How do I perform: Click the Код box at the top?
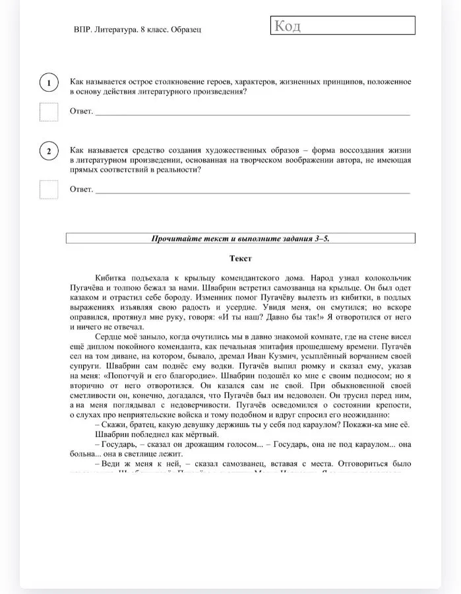click(342, 26)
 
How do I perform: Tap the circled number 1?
click(49, 83)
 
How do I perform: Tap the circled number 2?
click(49, 152)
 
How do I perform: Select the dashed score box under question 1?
click(49, 112)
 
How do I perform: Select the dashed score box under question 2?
click(49, 189)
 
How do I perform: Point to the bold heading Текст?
click(240, 259)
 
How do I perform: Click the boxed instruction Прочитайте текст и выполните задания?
click(240, 239)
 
